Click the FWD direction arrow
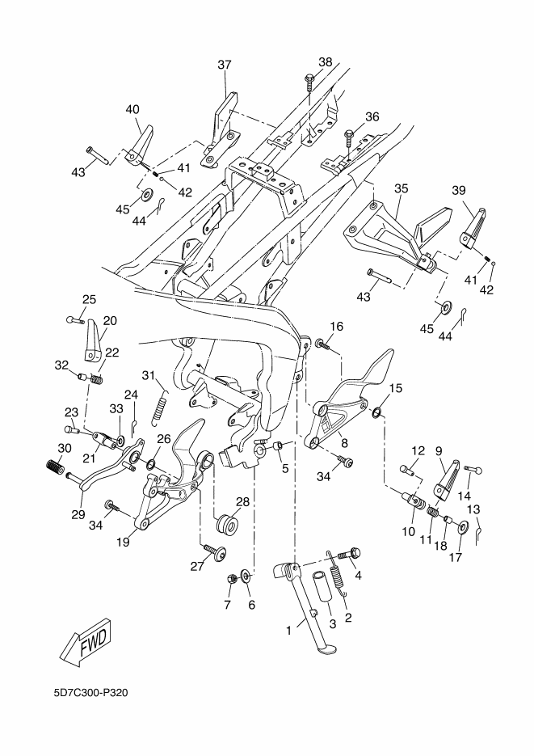86,642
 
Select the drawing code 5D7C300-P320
92,693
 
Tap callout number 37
224,65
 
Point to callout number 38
325,62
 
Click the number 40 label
132,109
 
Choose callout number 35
401,188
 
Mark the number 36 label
372,116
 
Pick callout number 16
336,327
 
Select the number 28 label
242,501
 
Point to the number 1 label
290,628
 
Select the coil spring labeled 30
53,467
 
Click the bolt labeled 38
310,81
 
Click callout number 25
89,300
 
